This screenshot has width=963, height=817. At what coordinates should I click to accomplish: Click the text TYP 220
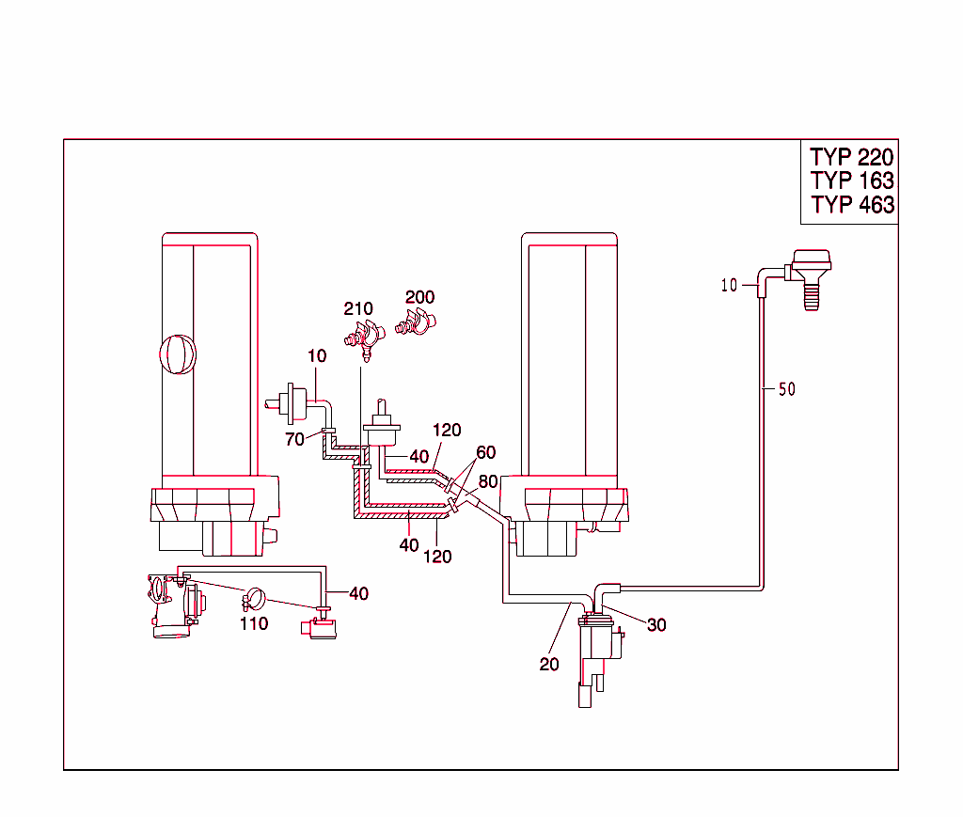coord(851,157)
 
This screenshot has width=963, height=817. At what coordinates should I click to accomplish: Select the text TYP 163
coord(851,181)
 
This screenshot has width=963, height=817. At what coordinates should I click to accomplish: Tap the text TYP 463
coord(851,204)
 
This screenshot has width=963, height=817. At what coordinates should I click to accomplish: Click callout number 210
coord(358,308)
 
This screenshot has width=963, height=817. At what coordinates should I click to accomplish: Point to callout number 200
coord(419,297)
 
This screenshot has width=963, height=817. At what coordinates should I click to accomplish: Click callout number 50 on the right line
coord(786,389)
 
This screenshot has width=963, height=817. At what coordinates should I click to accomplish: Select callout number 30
coord(656,624)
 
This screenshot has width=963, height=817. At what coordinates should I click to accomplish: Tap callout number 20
coord(549,664)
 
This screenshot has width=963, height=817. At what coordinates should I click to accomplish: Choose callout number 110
coord(254,622)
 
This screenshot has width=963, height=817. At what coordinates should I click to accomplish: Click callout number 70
coord(295,438)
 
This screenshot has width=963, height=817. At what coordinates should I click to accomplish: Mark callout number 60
coord(485,453)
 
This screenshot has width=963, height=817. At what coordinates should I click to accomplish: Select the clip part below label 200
coord(415,324)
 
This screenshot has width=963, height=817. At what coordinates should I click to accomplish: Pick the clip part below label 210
coord(364,338)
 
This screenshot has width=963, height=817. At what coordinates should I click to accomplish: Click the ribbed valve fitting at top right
coord(807,278)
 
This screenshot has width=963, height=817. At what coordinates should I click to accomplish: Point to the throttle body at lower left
coord(174,606)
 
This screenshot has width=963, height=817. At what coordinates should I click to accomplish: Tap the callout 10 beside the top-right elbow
coord(730,285)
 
